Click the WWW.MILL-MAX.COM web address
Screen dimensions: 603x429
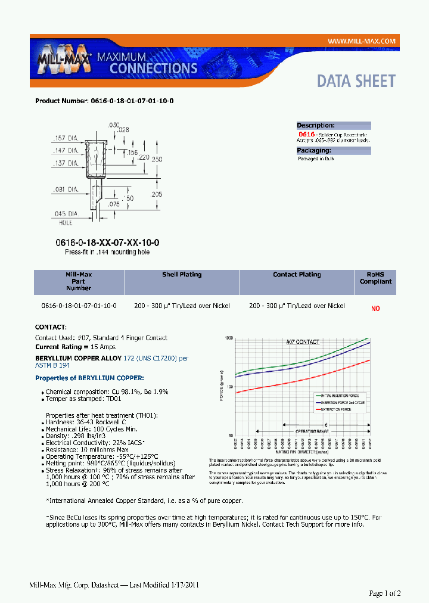(x=362, y=41)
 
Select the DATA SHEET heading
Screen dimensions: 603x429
(x=356, y=81)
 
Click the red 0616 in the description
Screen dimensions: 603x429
(x=306, y=135)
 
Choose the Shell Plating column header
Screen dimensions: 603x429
(x=182, y=275)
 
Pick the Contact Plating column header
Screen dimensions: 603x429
(x=297, y=275)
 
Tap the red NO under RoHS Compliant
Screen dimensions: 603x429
(x=375, y=309)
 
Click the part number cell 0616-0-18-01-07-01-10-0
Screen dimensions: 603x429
(x=79, y=306)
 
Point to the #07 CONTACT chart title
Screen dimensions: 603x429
(x=303, y=342)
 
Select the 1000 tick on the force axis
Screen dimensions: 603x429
(x=228, y=338)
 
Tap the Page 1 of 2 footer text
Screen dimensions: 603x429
(x=385, y=593)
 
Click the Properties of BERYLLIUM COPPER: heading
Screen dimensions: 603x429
(x=89, y=378)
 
